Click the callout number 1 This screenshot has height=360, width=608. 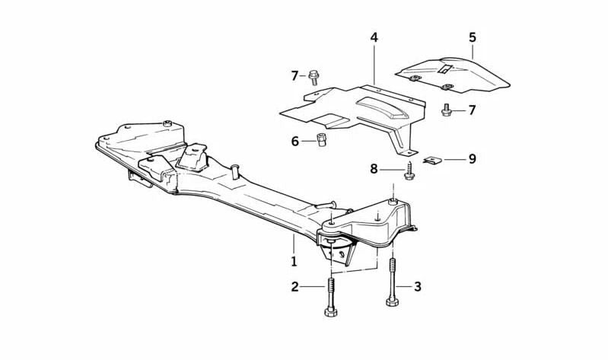[294, 261]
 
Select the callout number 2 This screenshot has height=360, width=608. [295, 287]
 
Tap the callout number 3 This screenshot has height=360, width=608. [418, 287]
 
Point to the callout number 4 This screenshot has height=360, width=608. [374, 37]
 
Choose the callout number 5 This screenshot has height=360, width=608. [473, 37]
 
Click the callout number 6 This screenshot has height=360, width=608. [295, 142]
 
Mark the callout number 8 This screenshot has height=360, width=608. [374, 169]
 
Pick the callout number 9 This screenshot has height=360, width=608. [472, 159]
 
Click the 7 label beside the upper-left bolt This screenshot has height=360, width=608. [294, 75]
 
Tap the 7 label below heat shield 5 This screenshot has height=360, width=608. [472, 110]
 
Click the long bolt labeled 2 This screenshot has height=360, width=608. [331, 296]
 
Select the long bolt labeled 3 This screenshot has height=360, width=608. [393, 282]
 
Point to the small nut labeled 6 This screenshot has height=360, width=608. [321, 139]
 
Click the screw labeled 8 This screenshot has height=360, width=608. [409, 171]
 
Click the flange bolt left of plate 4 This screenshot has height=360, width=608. [314, 77]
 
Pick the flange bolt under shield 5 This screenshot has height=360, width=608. [446, 110]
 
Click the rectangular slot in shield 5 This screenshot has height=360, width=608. [444, 69]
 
